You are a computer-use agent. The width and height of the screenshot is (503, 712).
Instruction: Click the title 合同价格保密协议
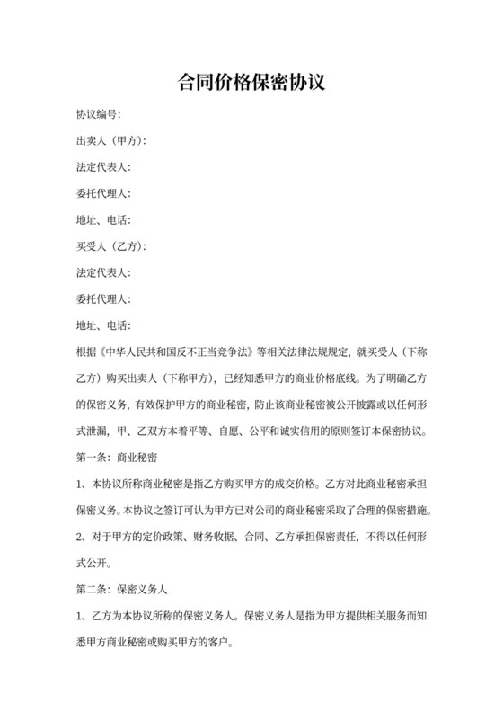coord(251,82)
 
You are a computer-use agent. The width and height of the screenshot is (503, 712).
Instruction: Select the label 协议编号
coord(96,115)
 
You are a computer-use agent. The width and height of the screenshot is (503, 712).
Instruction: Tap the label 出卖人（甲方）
coord(109,141)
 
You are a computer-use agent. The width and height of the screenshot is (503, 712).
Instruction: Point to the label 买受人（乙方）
coord(109,246)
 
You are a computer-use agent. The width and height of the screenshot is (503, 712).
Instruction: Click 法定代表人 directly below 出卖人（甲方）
coord(102,167)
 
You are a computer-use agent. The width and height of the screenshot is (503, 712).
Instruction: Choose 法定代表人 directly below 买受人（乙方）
coord(102,272)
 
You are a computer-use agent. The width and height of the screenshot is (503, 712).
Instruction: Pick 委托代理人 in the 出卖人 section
coord(102,193)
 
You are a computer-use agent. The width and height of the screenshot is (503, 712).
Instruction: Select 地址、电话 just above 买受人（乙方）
coord(102,220)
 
